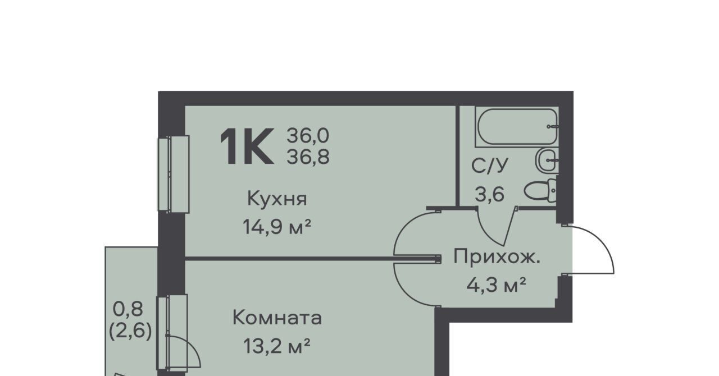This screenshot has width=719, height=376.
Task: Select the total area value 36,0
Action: pos(308,135)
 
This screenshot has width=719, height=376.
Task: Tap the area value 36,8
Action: pos(308,157)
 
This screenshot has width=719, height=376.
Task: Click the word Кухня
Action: pos(277,199)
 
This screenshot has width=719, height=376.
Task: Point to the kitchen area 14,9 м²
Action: pos(277,227)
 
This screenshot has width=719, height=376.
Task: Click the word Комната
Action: pos(277,318)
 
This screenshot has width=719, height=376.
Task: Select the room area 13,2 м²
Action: pos(277,346)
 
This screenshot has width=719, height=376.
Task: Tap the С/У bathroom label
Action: pos(490,166)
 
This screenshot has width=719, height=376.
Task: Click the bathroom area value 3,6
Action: pos(489,194)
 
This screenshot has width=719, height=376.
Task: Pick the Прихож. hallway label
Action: pos(497,256)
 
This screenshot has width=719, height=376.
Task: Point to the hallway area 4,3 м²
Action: pos(496,285)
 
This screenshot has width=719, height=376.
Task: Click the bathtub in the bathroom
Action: pos(517,127)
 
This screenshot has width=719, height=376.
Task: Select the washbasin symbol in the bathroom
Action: pos(547,160)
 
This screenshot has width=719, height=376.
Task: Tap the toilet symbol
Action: pos(541,191)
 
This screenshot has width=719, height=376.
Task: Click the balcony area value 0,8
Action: pos(128,309)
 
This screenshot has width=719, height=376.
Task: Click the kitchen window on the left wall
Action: pos(174,174)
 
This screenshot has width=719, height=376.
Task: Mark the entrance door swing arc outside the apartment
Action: pos(600,238)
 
